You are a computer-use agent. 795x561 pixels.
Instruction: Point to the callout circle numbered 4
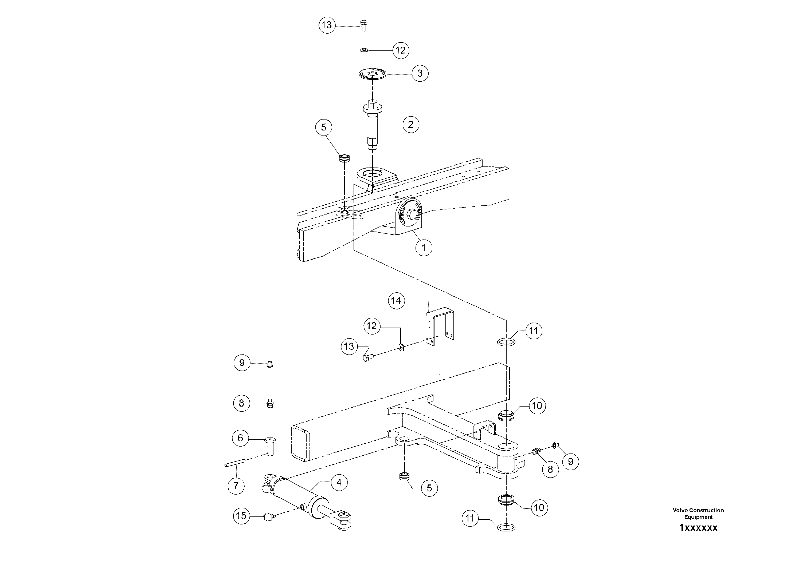339,482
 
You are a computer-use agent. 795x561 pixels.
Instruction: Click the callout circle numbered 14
396,301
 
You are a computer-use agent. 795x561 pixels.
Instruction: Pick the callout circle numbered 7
236,486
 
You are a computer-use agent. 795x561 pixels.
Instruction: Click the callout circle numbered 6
240,438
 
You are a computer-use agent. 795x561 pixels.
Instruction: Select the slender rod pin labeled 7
234,463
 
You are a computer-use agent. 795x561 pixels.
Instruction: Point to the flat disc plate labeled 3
373,74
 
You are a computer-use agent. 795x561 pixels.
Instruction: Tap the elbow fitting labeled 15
268,517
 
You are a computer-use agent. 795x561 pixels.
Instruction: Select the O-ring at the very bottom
506,527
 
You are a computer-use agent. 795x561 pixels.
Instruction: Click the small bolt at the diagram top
363,25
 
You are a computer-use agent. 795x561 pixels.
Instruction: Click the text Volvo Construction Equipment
698,513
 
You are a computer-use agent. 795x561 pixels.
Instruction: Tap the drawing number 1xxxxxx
698,528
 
